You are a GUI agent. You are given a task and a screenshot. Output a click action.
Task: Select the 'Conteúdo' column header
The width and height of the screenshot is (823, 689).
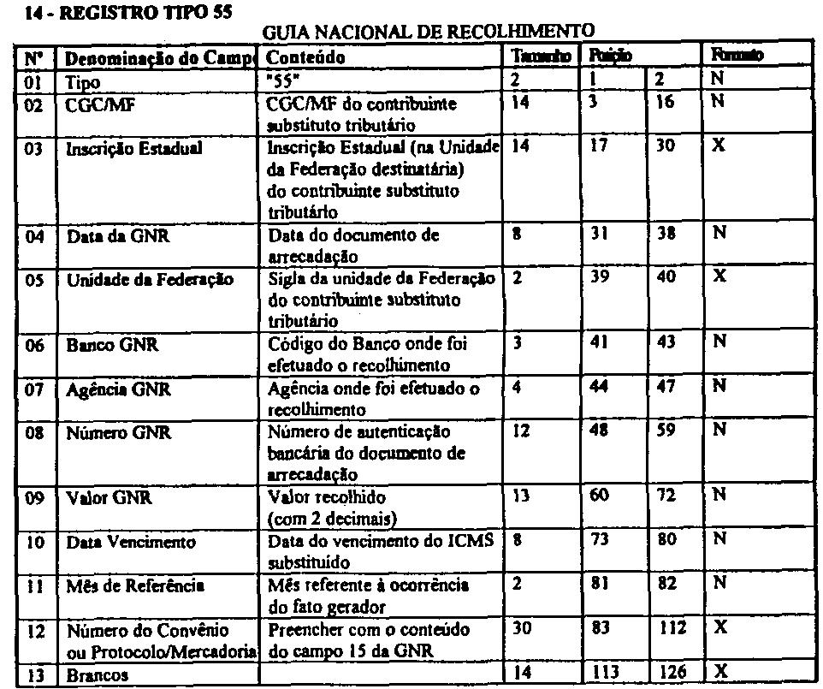[306, 56]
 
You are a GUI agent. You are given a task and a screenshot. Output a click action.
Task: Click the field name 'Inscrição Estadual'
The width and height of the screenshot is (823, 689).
[133, 148]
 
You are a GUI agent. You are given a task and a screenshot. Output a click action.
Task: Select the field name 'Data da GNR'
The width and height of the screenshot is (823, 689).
[117, 236]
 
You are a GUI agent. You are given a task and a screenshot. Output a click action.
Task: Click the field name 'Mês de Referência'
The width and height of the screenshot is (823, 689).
[135, 586]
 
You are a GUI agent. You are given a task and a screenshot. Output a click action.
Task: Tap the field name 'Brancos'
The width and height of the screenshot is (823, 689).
[98, 675]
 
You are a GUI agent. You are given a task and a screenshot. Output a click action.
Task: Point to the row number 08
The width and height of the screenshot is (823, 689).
[34, 433]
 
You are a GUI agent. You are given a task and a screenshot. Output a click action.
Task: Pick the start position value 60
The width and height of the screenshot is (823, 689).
[598, 496]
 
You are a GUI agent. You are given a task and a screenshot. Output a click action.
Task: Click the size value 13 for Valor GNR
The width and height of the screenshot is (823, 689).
[520, 496]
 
